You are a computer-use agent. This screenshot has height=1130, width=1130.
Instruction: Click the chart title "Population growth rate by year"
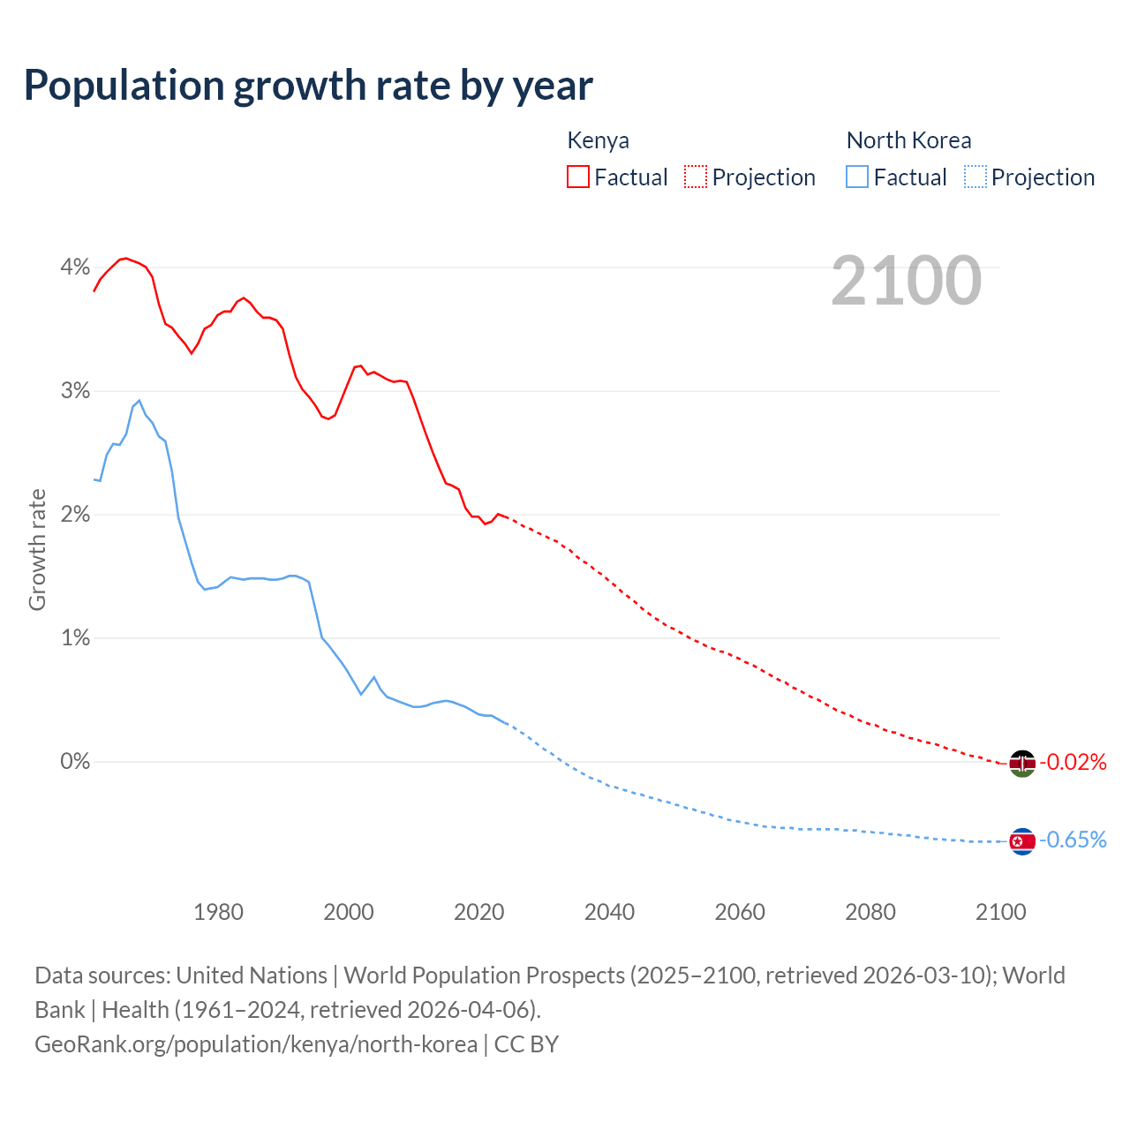click(x=308, y=86)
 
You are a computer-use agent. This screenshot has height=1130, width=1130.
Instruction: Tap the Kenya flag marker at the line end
click(x=1022, y=763)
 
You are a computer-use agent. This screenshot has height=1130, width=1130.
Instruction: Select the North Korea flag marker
click(x=1022, y=841)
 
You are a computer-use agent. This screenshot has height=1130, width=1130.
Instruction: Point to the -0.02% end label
click(x=1073, y=762)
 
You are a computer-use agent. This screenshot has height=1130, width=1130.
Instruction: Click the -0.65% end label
click(x=1073, y=840)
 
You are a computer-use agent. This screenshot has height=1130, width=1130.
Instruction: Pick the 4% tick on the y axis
click(x=75, y=267)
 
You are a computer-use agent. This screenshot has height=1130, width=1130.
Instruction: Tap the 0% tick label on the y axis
click(x=75, y=761)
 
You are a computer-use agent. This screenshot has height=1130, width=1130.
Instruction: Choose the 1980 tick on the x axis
click(x=218, y=912)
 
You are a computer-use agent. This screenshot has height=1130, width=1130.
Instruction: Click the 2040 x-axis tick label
click(x=609, y=912)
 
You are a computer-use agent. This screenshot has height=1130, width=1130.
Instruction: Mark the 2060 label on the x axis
click(x=740, y=912)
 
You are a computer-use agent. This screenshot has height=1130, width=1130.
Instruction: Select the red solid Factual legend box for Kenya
click(x=578, y=177)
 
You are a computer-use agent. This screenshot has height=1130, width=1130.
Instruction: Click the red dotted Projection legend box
click(x=696, y=177)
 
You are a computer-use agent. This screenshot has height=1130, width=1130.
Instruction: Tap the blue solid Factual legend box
click(x=857, y=177)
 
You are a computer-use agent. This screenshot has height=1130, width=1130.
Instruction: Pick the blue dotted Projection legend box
click(x=975, y=177)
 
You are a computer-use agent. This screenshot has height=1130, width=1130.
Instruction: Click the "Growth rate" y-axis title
click(x=37, y=549)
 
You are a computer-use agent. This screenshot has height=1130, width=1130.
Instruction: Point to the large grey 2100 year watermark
click(x=906, y=281)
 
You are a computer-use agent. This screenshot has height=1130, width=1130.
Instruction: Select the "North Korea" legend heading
click(x=908, y=140)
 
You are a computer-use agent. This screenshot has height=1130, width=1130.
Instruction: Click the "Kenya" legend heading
click(x=598, y=140)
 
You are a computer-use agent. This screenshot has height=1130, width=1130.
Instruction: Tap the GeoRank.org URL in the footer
click(x=256, y=1044)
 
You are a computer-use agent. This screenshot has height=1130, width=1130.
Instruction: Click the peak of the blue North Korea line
click(x=139, y=401)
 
